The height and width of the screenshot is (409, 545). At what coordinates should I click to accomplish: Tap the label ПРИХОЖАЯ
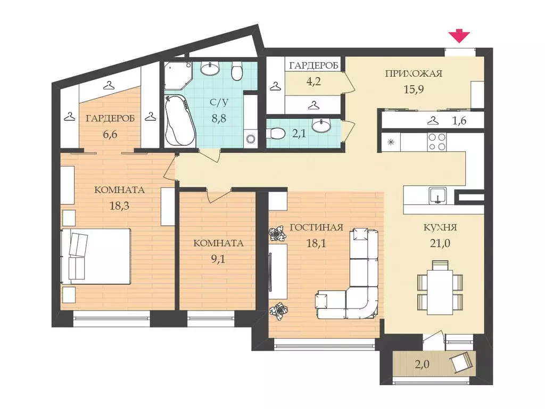[414, 73]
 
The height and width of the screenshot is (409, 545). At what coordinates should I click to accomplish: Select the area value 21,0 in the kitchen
[440, 243]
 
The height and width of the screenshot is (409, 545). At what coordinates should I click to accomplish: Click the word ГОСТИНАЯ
[316, 228]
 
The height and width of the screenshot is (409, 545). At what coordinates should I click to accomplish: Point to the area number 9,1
[218, 259]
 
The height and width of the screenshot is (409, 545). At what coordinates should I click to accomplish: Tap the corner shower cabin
[177, 76]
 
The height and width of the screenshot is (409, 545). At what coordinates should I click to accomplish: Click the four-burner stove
[437, 142]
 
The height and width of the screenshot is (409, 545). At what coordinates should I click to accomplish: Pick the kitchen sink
[437, 196]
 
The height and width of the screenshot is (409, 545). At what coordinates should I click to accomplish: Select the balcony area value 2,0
[422, 364]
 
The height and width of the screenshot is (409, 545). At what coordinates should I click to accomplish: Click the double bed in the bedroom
[96, 257]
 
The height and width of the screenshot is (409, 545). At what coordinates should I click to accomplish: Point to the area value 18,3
[119, 206]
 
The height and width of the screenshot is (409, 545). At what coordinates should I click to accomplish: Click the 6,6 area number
[110, 134]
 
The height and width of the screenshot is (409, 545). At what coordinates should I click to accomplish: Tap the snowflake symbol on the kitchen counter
[391, 142]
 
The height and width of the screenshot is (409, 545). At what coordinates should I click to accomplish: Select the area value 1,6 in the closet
[459, 121]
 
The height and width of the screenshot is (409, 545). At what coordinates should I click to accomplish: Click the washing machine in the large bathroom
[250, 139]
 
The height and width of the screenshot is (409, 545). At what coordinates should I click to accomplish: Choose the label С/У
[219, 103]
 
